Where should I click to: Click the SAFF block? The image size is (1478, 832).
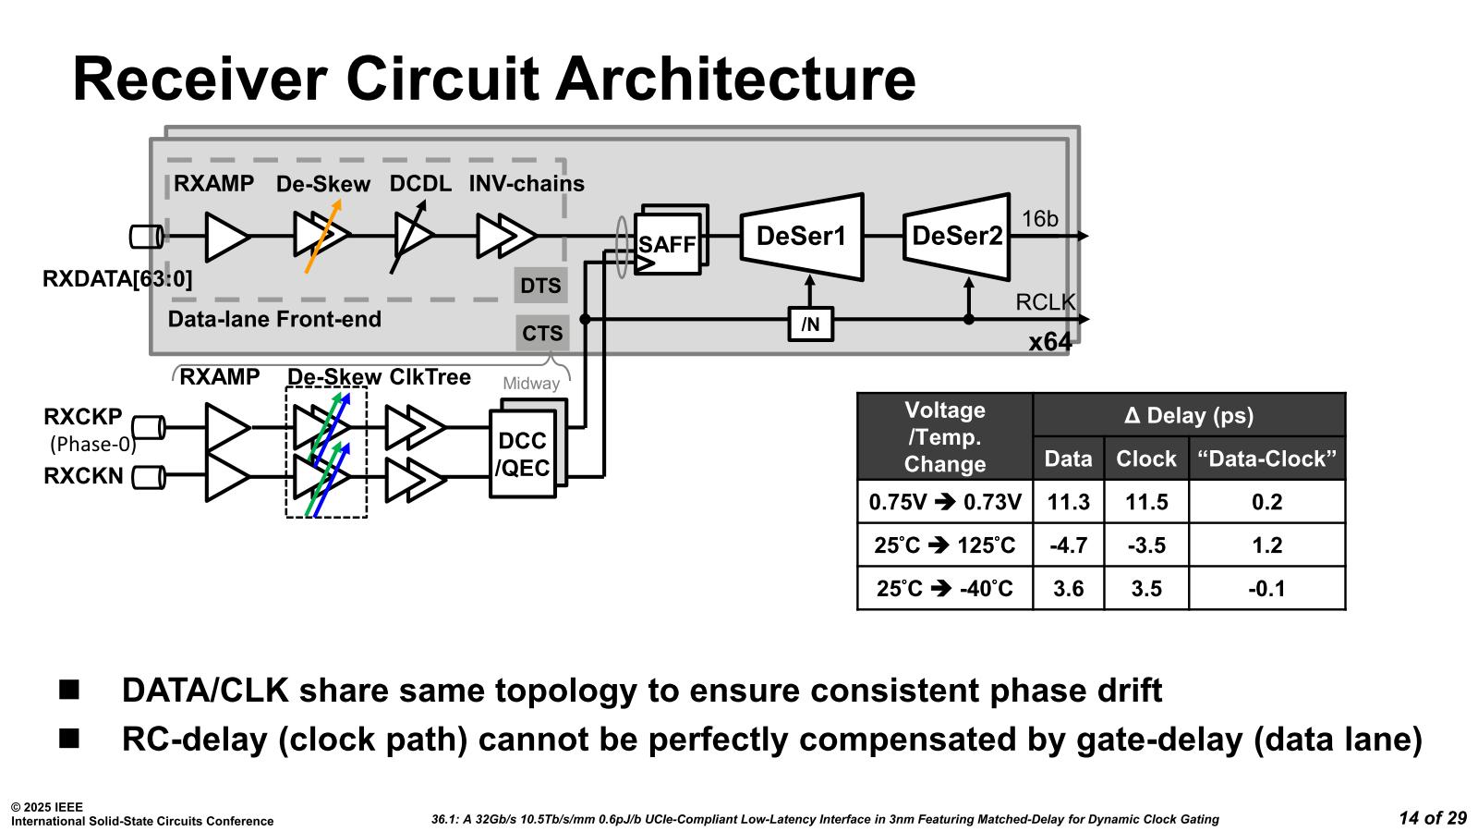point(667,244)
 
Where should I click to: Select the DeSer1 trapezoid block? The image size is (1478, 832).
point(801,237)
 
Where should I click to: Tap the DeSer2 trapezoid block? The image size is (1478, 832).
point(956,237)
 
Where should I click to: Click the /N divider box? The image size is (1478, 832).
point(810,324)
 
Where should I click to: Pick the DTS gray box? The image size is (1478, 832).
point(540,286)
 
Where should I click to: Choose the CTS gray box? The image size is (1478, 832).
point(542,333)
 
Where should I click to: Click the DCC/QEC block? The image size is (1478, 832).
point(523,454)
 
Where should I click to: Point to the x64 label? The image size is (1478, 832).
point(1050,342)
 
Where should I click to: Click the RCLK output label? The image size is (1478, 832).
point(1045,302)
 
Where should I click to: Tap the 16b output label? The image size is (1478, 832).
point(1039,219)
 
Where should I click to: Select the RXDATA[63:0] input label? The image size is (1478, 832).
point(117,278)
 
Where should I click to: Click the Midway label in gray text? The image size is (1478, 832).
point(531,383)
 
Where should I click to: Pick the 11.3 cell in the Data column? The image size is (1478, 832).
point(1068,502)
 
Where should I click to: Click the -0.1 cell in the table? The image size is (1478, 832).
point(1266,589)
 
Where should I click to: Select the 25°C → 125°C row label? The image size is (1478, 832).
point(944,545)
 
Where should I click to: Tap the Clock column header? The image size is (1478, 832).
point(1145,459)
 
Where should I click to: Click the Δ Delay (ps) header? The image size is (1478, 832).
point(1188,415)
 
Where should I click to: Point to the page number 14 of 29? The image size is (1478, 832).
point(1432,817)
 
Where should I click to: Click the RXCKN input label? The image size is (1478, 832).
point(83,476)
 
